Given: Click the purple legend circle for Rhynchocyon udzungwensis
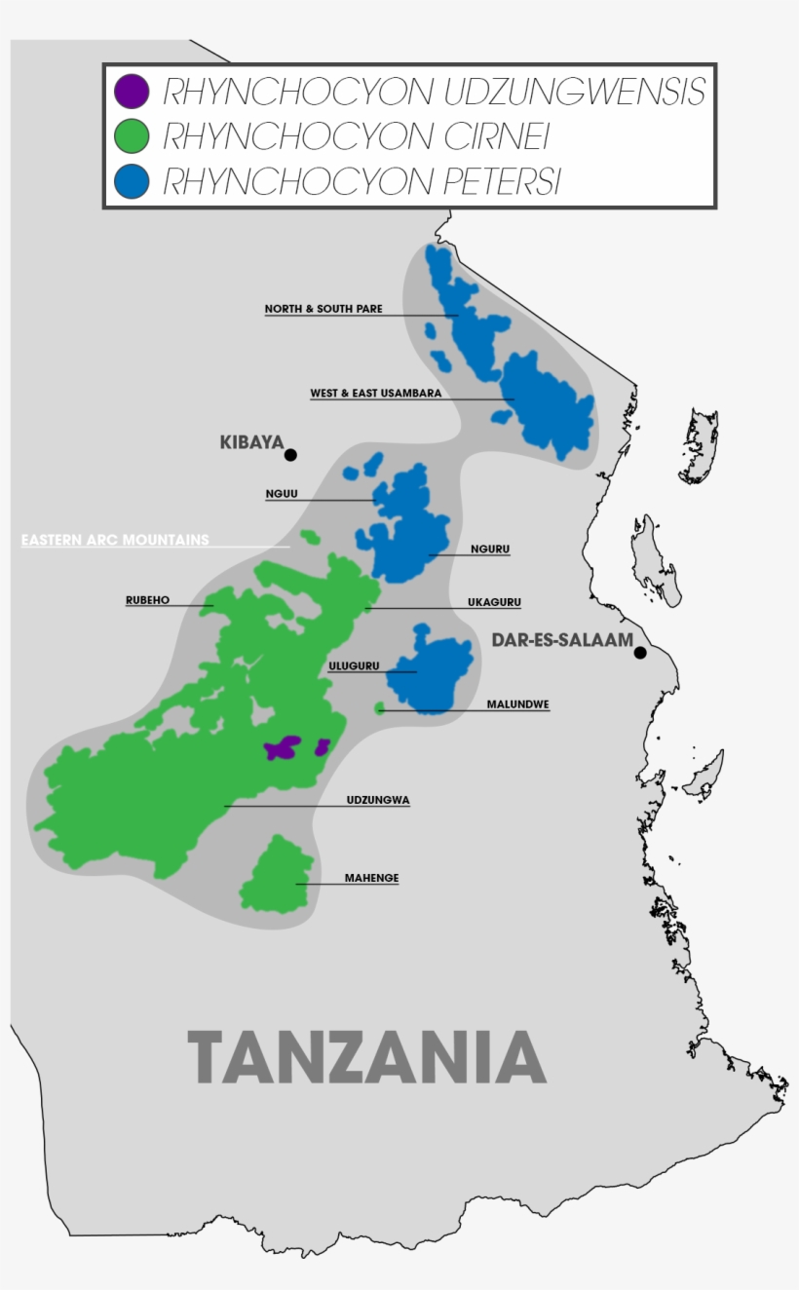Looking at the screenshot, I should tap(132, 91).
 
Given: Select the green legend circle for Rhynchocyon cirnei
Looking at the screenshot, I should tap(132, 136).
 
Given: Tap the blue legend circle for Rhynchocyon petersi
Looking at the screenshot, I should tap(132, 181).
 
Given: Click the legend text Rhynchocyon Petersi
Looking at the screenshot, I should tap(361, 182).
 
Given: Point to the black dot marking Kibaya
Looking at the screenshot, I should tap(290, 455).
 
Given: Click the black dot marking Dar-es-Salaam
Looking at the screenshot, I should tap(640, 653).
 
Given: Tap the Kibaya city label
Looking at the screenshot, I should tap(250, 442).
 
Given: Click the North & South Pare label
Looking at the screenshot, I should tap(323, 309).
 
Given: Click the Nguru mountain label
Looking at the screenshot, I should tap(489, 550).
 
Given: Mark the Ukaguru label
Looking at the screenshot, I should tap(494, 602).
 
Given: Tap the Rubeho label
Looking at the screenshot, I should tap(147, 600).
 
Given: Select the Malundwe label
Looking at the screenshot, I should tap(517, 703).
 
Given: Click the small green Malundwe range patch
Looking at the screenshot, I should tap(380, 708).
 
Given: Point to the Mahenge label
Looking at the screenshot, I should tap(371, 878).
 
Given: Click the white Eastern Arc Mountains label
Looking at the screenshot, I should tap(115, 540).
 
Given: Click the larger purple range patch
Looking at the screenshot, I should tap(283, 748).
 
